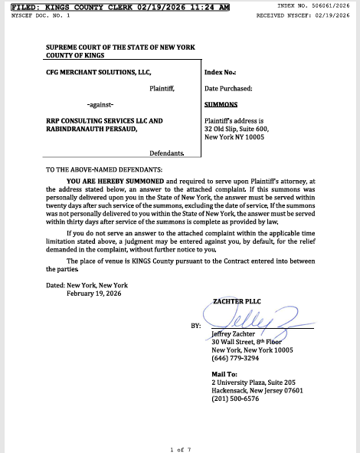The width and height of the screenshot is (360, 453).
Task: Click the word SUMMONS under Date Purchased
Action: point(221,103)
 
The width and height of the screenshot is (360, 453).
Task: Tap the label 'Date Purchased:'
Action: point(228,88)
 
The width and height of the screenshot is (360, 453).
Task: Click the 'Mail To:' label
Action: point(224,373)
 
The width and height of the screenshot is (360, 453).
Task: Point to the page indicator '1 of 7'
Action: point(179,446)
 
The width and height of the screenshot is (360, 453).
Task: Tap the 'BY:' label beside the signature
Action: point(195,325)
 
